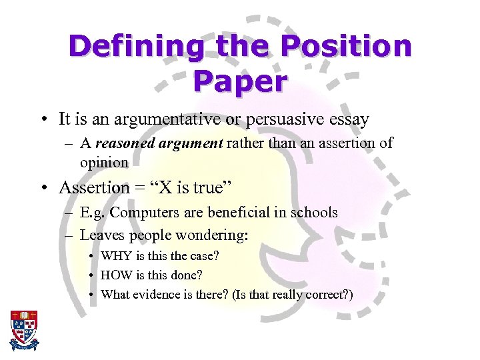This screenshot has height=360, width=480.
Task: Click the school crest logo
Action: tap(24, 331)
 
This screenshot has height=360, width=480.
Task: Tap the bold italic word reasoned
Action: tap(125, 143)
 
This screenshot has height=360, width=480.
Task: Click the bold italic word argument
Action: tap(190, 143)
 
